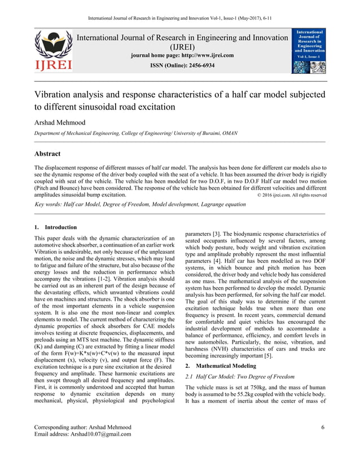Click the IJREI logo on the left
(54, 51)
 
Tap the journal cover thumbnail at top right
(308, 51)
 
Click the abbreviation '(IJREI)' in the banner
(182, 47)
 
